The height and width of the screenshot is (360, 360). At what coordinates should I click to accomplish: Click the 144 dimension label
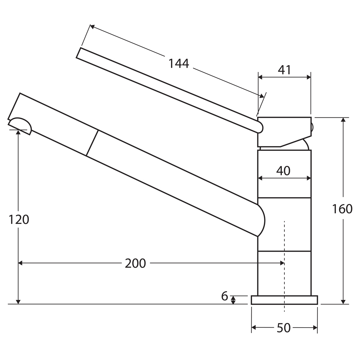(179, 64)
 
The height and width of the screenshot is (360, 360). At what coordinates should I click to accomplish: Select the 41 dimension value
(284, 70)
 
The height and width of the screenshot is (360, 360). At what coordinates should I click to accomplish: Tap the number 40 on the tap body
(283, 171)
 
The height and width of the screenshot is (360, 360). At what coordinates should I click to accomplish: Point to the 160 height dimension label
(342, 209)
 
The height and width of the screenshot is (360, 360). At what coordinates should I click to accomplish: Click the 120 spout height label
(19, 220)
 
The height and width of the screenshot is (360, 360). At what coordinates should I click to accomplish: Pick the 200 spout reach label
(135, 264)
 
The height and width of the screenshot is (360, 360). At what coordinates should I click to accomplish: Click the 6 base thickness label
(225, 296)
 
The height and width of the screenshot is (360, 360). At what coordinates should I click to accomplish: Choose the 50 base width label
(284, 328)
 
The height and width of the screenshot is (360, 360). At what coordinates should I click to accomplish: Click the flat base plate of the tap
(284, 300)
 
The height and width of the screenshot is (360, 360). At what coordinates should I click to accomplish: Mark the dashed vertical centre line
(284, 266)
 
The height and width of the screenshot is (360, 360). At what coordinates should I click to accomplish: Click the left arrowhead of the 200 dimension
(21, 263)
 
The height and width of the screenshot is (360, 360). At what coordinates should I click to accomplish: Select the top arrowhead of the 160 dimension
(343, 120)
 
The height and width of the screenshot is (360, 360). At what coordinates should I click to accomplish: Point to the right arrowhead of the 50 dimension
(315, 328)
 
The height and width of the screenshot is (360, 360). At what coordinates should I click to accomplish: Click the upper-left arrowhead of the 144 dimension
(92, 27)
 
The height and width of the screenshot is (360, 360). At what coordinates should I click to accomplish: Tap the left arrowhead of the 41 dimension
(261, 77)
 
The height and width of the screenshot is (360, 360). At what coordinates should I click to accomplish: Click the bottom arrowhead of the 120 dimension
(18, 301)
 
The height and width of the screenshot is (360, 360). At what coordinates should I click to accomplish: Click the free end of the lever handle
(78, 53)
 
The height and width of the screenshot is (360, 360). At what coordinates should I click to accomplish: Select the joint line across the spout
(92, 143)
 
